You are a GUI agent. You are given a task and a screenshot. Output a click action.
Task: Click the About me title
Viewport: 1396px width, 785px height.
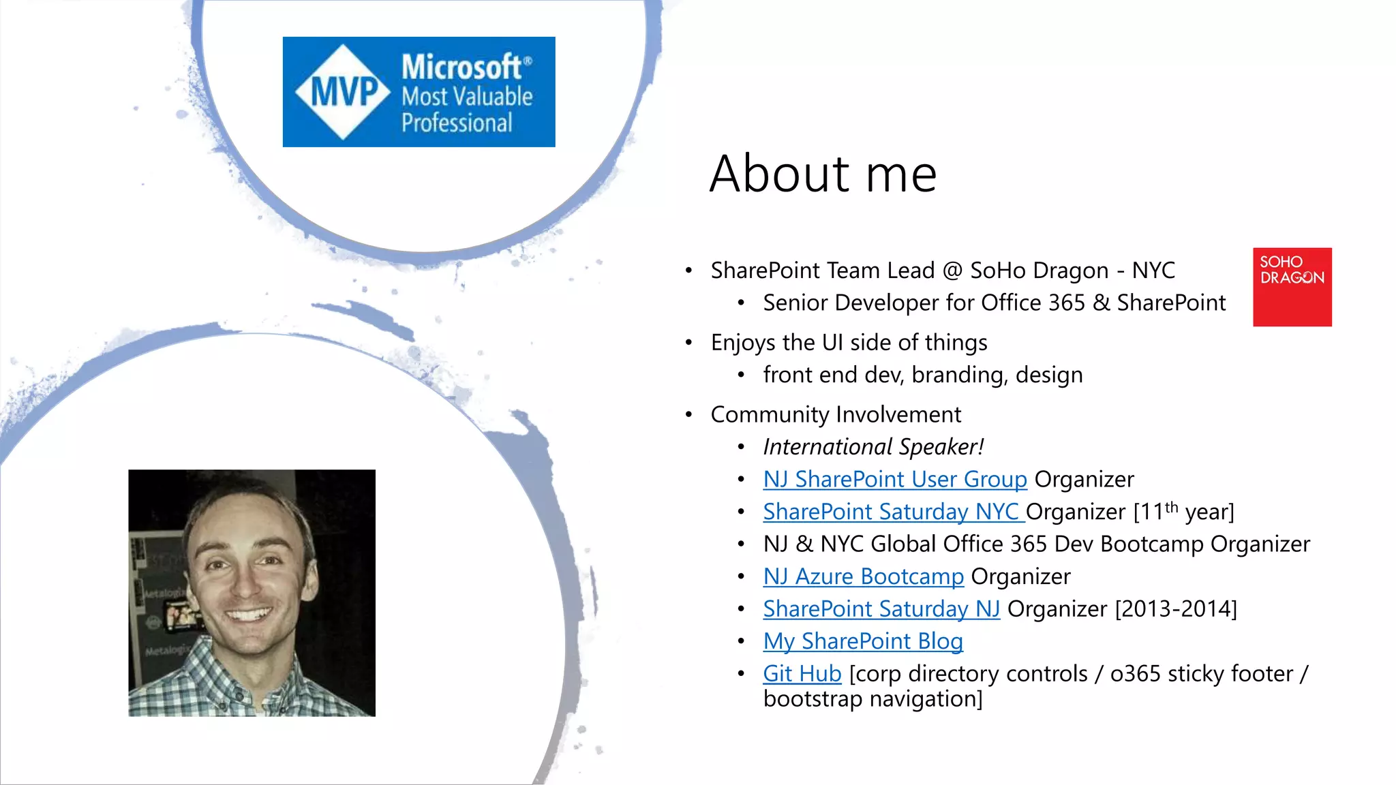(x=823, y=174)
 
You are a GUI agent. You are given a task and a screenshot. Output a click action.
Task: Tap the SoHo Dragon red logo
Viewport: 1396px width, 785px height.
(x=1292, y=287)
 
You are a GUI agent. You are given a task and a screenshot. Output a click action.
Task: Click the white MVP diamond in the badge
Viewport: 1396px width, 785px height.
(x=344, y=92)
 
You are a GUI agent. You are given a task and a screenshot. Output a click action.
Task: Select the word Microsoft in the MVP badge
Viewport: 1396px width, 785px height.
(x=462, y=67)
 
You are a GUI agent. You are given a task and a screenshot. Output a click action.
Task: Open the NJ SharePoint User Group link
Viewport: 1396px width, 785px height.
(x=894, y=479)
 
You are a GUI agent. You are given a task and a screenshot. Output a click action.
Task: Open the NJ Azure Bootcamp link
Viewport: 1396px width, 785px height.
(x=863, y=576)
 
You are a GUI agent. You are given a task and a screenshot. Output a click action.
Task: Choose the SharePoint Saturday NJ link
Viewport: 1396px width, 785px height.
(x=881, y=609)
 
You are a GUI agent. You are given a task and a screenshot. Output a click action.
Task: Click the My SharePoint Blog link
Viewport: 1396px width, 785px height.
(x=862, y=641)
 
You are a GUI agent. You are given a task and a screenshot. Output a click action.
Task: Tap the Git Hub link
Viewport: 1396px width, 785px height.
(x=802, y=673)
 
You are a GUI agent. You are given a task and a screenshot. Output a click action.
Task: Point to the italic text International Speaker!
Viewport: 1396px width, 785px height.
(x=873, y=447)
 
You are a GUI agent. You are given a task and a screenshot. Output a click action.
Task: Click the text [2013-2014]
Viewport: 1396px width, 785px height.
(x=1175, y=609)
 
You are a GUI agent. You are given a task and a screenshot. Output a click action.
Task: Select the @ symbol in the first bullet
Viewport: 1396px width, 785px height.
(x=952, y=271)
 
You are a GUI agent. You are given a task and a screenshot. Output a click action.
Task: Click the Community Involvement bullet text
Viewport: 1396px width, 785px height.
(x=836, y=414)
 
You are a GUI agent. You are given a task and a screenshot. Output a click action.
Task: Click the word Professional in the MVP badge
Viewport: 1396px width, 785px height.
(x=456, y=123)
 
